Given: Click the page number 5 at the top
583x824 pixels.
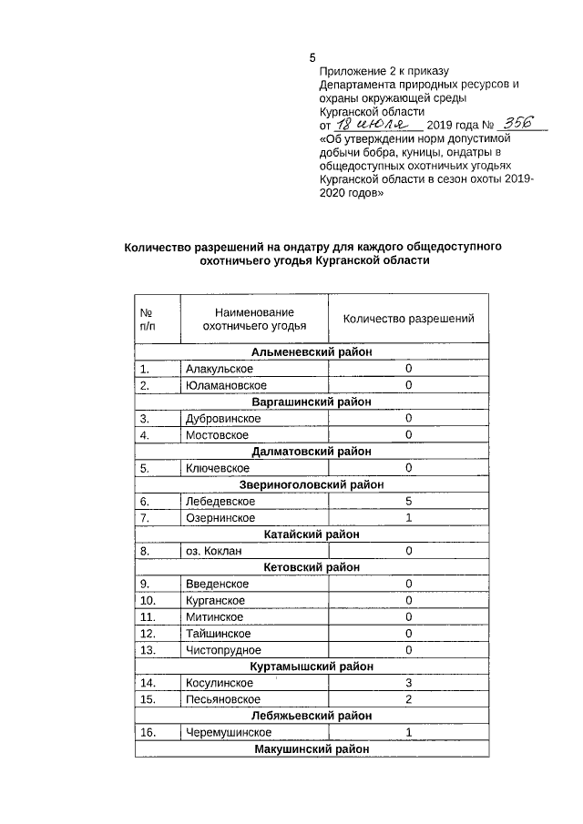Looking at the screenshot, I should tap(312, 59).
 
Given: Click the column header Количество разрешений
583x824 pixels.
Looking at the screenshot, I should tap(408, 319).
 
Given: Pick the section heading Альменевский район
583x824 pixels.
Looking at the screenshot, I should tap(312, 352).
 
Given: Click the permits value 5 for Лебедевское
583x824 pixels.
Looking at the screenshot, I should tap(409, 501).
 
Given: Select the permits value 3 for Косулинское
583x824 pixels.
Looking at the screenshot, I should tap(409, 683).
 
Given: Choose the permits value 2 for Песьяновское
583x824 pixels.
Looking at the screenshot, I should tap(409, 699).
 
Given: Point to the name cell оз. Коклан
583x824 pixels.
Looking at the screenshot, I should tap(215, 551).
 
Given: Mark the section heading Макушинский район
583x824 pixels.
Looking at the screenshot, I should tap(312, 748).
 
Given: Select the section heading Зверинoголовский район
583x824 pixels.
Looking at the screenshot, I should tap(312, 484).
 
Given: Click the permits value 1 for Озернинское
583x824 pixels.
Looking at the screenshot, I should tap(409, 517).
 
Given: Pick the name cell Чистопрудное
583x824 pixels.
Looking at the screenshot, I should tap(223, 650).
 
